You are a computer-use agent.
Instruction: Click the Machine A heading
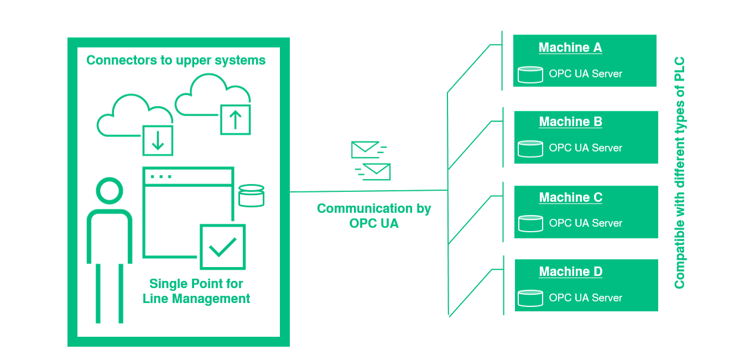point(570,48)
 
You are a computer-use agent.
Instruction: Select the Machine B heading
point(570,122)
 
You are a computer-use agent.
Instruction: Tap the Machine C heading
point(570,197)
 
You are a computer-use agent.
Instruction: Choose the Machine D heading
point(570,272)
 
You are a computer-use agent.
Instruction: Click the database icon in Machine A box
point(530,74)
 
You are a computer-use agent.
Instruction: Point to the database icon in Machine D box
point(530,298)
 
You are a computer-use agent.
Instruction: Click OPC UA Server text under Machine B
point(585,148)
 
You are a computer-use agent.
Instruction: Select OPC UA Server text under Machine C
point(585,223)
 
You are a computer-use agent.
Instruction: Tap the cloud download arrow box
point(158,140)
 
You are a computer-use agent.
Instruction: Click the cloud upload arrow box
point(236,119)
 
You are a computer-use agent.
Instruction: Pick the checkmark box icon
point(222,246)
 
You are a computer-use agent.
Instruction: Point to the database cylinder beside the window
point(251,195)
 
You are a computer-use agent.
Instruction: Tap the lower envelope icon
point(376,171)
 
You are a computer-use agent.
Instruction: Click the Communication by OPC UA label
point(374,216)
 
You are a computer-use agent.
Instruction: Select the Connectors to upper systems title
point(176,60)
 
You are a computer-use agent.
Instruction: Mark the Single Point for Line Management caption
point(196,291)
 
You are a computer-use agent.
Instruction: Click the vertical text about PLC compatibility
point(680,173)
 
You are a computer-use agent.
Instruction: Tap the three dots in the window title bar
point(161,176)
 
